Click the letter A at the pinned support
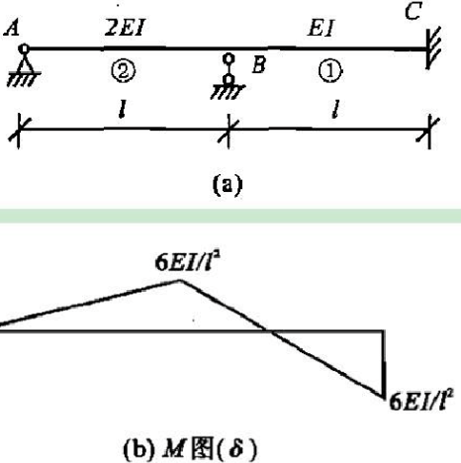pyautogui.click(x=12, y=28)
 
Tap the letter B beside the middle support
pyautogui.click(x=259, y=64)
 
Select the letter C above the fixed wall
pyautogui.click(x=414, y=12)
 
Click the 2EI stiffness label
pyautogui.click(x=125, y=27)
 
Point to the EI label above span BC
pyautogui.click(x=321, y=28)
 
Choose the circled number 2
pyautogui.click(x=123, y=71)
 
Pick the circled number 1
pyautogui.click(x=330, y=71)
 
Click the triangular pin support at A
pyautogui.click(x=24, y=65)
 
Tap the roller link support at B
pyautogui.click(x=228, y=76)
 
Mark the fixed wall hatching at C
pyautogui.click(x=433, y=48)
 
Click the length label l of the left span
pyautogui.click(x=123, y=109)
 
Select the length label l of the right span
pyautogui.click(x=335, y=109)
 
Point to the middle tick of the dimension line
pyautogui.click(x=229, y=131)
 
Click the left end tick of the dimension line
pyautogui.click(x=19, y=132)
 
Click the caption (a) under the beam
pyautogui.click(x=228, y=185)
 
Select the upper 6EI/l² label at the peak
pyautogui.click(x=187, y=263)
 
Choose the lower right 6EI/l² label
pyautogui.click(x=421, y=401)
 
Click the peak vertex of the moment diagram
pyautogui.click(x=180, y=281)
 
